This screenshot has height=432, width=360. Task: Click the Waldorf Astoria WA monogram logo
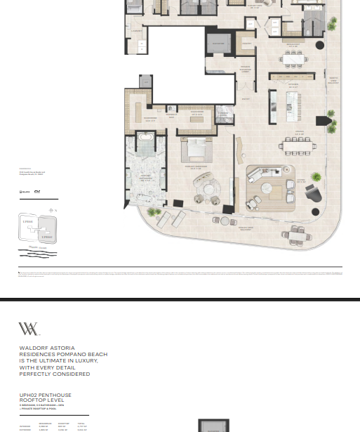click(28, 329)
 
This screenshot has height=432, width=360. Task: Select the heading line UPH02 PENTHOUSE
click(45, 395)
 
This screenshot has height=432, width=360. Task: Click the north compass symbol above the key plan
click(51, 211)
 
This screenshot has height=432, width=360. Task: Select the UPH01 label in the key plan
click(28, 221)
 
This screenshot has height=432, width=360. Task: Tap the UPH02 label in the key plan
click(47, 237)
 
